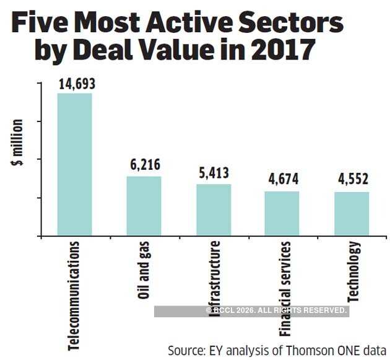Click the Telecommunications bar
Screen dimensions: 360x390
point(74,164)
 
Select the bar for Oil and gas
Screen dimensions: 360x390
point(144,206)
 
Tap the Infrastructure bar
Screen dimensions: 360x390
point(214,209)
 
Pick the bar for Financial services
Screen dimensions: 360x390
point(282,213)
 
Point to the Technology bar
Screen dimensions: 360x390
point(352,214)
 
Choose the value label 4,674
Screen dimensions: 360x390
point(282,180)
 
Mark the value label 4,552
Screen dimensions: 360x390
point(352,180)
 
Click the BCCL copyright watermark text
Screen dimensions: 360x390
point(277,310)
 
